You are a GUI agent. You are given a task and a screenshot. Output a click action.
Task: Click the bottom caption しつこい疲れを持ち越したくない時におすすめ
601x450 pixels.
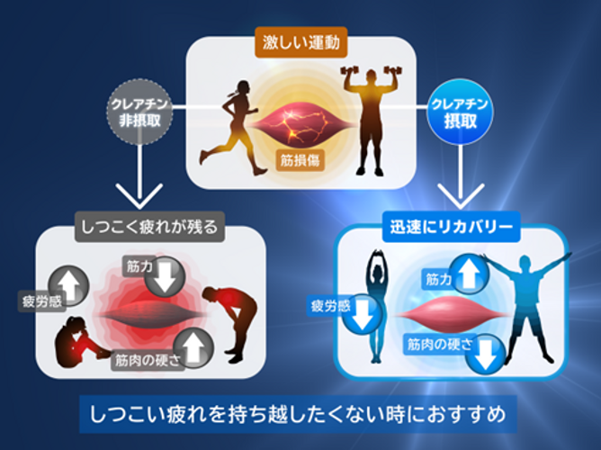point(300,415)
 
